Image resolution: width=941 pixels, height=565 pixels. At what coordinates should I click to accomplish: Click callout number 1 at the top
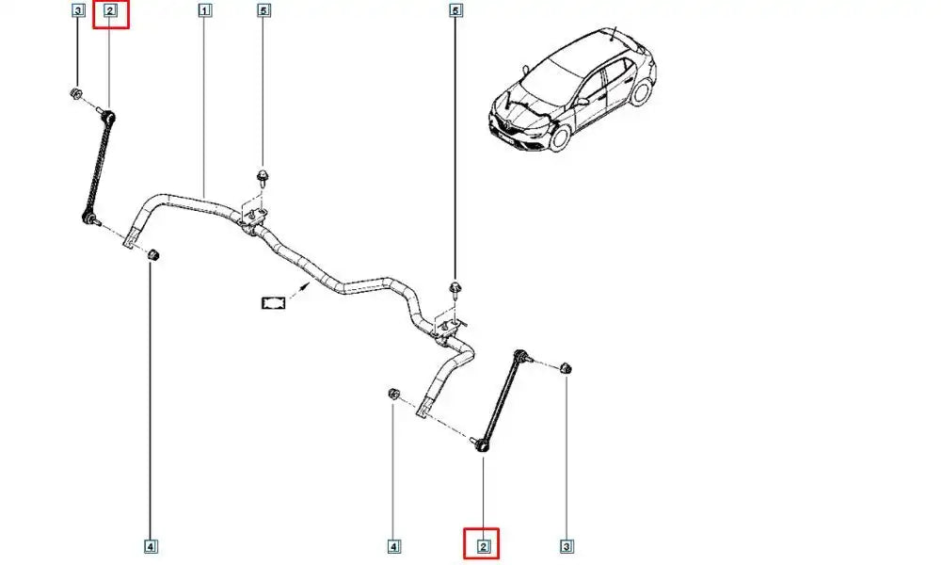pyautogui.click(x=205, y=11)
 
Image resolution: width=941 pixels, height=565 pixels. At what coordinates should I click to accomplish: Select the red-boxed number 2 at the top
pyautogui.click(x=109, y=12)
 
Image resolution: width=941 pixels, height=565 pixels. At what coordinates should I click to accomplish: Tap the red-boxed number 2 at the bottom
pyautogui.click(x=483, y=545)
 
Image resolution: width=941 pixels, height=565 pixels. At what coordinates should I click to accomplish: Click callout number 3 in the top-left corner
pyautogui.click(x=78, y=11)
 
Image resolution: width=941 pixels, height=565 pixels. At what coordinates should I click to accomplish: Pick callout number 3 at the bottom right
pyautogui.click(x=566, y=545)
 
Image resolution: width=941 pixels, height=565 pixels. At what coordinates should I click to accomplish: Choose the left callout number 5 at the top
pyautogui.click(x=263, y=11)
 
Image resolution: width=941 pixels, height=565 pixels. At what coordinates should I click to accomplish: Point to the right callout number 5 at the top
pyautogui.click(x=456, y=11)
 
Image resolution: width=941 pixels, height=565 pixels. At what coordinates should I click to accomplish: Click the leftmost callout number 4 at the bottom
pyautogui.click(x=151, y=545)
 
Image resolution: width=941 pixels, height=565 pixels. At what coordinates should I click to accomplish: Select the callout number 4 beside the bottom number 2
pyautogui.click(x=394, y=545)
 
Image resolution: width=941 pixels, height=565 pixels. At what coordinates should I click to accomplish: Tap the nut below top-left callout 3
pyautogui.click(x=75, y=93)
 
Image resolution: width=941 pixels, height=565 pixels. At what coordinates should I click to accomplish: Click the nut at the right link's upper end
pyautogui.click(x=566, y=366)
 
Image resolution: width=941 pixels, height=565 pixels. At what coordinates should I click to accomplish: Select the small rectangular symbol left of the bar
pyautogui.click(x=273, y=302)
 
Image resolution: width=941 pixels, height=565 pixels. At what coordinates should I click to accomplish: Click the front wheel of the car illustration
pyautogui.click(x=559, y=137)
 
